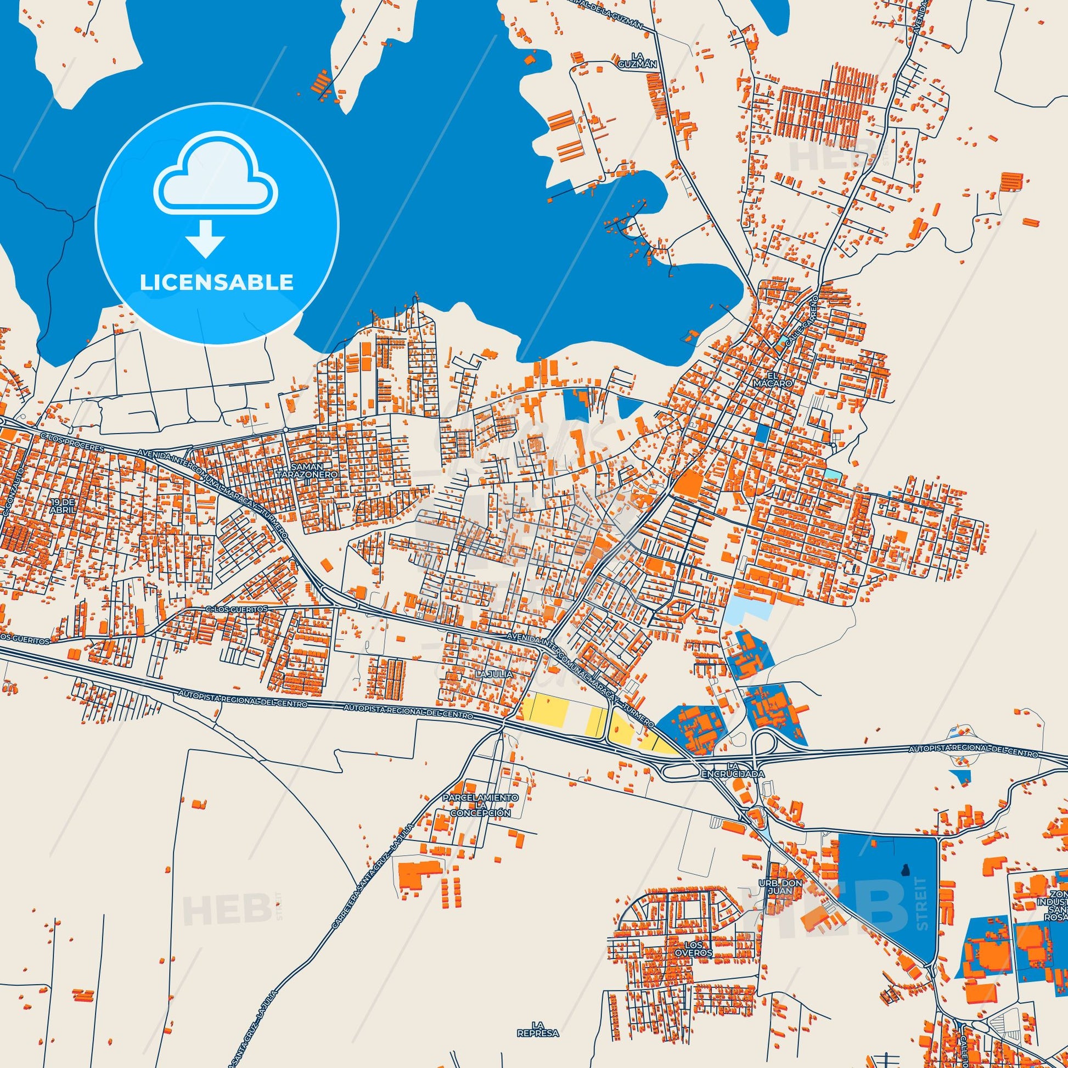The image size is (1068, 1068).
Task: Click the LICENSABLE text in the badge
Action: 216,282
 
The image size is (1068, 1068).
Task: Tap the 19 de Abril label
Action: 61,505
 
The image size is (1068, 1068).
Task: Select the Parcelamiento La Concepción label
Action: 479,806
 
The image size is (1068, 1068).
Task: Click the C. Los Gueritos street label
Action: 236,609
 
